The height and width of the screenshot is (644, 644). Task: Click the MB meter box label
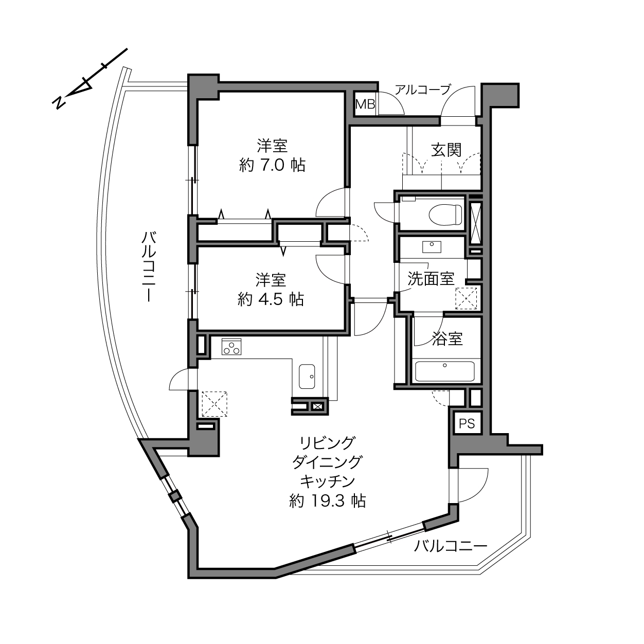365,104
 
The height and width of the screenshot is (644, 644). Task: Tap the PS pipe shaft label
467,424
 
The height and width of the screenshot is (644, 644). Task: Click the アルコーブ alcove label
423,90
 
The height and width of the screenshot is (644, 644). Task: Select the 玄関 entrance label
446,150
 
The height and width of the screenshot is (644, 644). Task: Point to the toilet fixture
445,214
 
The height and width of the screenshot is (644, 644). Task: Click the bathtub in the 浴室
444,371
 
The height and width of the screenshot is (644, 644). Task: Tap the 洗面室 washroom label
431,279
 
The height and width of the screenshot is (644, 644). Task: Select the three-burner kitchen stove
231,347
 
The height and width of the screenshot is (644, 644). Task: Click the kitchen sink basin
307,377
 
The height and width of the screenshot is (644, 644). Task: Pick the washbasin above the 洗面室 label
432,246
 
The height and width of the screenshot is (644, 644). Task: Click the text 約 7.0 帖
272,165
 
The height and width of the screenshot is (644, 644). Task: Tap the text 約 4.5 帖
271,299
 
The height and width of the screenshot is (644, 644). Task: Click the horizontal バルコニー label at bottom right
451,556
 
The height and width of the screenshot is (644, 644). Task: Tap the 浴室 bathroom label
447,338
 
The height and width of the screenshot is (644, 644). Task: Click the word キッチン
328,481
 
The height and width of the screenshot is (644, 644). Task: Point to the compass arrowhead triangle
83,87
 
